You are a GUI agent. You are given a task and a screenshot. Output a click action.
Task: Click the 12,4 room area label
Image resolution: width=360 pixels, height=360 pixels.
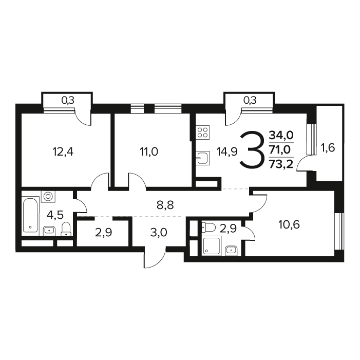point(63,151)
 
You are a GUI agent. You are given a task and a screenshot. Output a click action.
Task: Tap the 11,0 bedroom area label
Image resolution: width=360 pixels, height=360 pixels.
point(149,151)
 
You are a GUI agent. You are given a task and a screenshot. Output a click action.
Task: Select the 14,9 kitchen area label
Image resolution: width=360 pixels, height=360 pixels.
point(227,151)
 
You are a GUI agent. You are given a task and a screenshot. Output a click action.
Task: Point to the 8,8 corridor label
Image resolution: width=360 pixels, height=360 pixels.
point(165,205)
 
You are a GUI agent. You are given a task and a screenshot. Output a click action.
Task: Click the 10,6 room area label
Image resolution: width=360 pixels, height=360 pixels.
point(289,224)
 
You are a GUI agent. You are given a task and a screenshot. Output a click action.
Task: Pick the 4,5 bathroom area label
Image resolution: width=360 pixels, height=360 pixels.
point(55,215)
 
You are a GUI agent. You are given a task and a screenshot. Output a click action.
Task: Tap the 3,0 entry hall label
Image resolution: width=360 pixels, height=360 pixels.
point(159,233)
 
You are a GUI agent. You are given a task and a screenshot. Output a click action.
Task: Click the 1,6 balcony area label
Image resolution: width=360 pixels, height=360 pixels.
point(328,148)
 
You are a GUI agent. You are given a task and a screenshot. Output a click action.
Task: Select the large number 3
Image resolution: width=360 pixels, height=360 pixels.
point(251,149)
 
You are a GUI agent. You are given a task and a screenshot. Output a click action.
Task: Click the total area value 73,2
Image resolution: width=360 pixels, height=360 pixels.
point(281,164)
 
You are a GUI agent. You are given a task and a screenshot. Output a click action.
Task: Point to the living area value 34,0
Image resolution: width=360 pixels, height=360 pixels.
point(281,135)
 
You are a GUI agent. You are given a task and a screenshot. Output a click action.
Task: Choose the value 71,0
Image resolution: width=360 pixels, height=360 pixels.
point(280,149)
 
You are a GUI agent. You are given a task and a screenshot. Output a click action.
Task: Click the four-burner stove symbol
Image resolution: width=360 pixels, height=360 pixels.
point(203,132)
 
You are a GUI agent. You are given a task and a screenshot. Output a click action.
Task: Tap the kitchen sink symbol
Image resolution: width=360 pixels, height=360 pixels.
point(202,158)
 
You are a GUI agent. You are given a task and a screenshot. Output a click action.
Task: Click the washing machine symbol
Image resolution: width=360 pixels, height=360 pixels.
point(48,196)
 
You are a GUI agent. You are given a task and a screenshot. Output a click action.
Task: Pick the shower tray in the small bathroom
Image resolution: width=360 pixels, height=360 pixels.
point(212,245)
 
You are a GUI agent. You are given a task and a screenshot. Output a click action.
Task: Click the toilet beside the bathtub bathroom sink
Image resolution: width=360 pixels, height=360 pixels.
point(66,229)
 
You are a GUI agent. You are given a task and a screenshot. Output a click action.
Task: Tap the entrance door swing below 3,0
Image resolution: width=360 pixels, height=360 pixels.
point(155,258)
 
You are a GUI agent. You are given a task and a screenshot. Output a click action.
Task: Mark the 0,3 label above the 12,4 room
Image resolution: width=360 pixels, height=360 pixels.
point(68,100)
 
